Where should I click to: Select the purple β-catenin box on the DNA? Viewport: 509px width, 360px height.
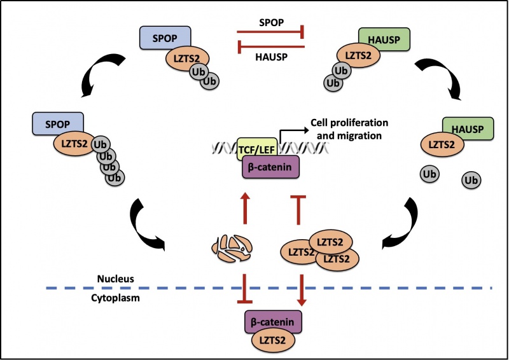coord(270,169)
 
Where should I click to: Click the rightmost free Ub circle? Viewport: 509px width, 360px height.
coord(471,181)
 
